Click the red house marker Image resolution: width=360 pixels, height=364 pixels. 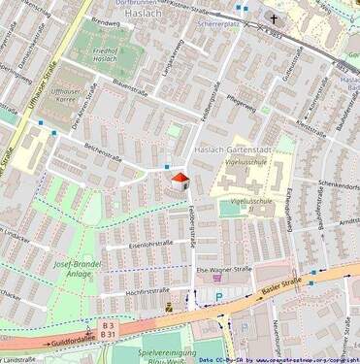tap(179, 180)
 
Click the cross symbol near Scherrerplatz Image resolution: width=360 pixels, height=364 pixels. tap(274, 18)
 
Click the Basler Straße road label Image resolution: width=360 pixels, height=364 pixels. tap(306, 283)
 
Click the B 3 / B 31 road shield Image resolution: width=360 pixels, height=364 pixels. tap(107, 329)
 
